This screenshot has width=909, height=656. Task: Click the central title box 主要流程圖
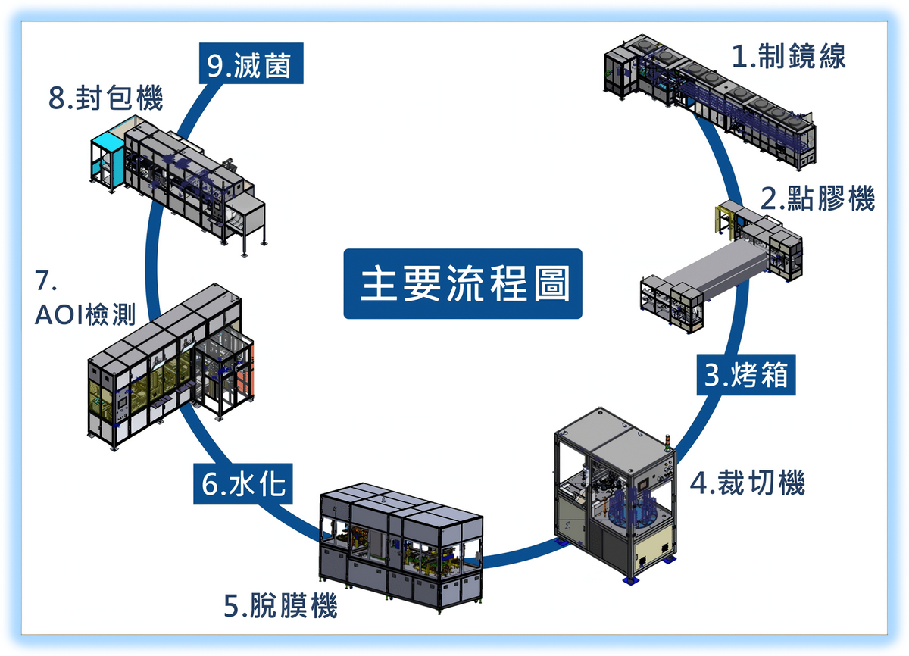point(463,283)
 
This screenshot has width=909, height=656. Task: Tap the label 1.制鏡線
point(788,57)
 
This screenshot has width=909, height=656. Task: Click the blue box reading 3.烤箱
point(746,374)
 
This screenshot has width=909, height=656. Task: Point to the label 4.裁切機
point(747,483)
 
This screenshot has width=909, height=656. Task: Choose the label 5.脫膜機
point(280,607)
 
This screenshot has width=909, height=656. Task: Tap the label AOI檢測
point(86,315)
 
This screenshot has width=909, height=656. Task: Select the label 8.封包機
point(106,100)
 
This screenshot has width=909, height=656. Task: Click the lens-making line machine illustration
point(712,102)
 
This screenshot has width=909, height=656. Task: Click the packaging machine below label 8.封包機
point(178,182)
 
